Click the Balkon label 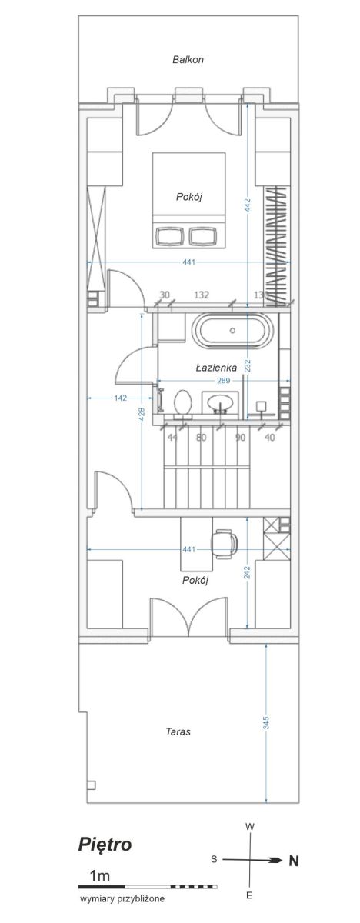(188, 59)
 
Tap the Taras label (178, 731)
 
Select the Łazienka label (216, 368)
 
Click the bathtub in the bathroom (232, 331)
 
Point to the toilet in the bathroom (183, 403)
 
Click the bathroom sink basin (220, 402)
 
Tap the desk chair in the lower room (224, 543)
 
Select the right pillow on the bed (203, 235)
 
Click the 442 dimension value (248, 205)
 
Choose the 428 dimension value (142, 415)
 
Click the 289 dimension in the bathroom (223, 381)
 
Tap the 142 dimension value (120, 398)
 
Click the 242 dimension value (247, 573)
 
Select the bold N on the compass (293, 861)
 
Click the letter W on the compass (249, 827)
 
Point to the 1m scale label (100, 875)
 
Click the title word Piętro (105, 845)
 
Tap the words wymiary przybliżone (122, 898)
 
